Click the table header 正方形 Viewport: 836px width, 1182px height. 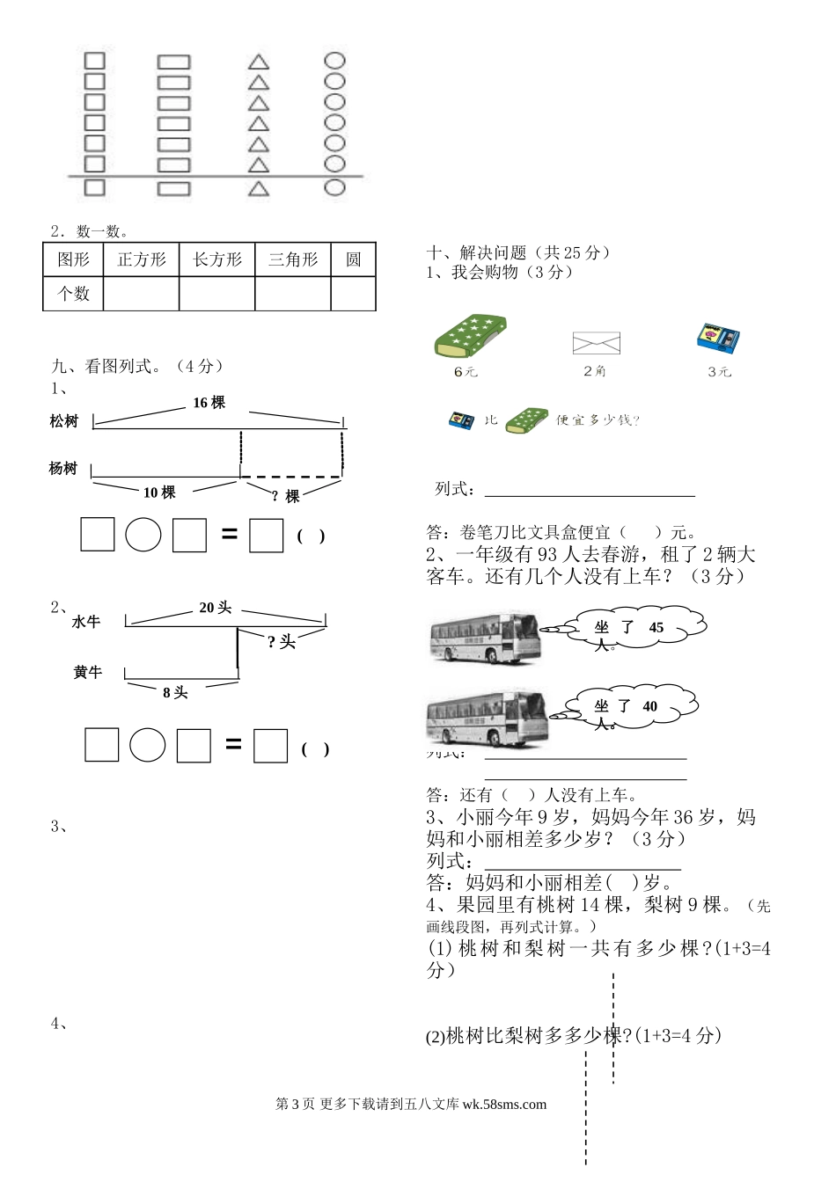tap(141, 259)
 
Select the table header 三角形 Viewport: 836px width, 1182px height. tap(293, 259)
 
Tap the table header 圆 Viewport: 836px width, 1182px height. tap(353, 259)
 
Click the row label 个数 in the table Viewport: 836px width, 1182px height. tap(73, 293)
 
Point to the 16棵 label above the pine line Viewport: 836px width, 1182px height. tap(209, 403)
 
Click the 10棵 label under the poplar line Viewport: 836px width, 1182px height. tap(159, 492)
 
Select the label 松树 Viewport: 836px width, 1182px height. tap(64, 422)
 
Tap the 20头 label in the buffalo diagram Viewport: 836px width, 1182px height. tap(215, 608)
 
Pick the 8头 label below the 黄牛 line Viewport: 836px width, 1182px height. tap(175, 693)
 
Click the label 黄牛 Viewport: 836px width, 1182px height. tap(87, 673)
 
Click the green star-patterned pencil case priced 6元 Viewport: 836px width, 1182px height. tap(470, 335)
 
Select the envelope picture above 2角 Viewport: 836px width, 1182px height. tap(596, 342)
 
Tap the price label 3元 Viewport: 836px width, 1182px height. tap(719, 372)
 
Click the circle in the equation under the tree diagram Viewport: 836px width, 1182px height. tap(143, 535)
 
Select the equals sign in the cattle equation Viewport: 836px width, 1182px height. tap(233, 744)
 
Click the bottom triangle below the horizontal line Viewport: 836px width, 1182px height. tap(258, 188)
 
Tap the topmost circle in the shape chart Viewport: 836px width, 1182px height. tap(334, 62)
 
